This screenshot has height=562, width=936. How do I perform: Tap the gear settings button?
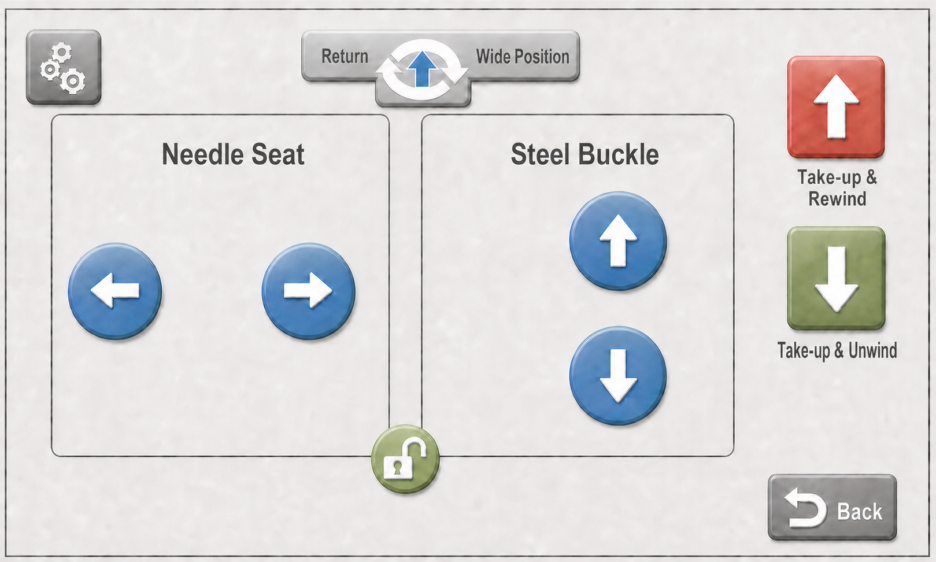64,67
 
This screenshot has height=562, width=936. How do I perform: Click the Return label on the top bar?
345,57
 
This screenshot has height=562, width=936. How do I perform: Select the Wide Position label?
522,57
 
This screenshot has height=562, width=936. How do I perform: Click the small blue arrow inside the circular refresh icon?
423,69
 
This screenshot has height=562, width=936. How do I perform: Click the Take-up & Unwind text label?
837,350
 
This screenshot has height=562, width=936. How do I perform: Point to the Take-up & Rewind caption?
837,187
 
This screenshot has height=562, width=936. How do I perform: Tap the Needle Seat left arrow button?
115,291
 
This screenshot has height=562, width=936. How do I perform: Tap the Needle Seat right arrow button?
308,291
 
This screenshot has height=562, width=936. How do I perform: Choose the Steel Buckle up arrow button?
618,241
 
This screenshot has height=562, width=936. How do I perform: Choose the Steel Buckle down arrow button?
618,376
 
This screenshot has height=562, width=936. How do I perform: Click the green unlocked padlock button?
405,459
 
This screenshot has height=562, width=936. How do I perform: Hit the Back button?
833,507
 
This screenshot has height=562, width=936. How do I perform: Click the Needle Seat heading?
233,154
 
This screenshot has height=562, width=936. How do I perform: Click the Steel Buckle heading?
584,154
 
